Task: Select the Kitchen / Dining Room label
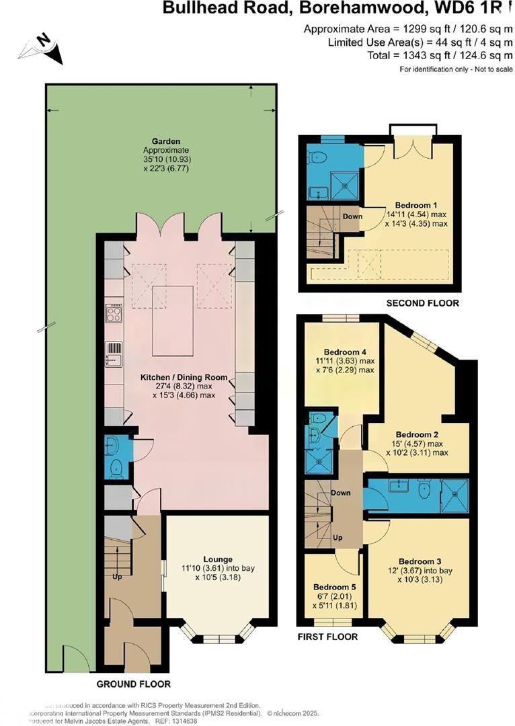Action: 184,377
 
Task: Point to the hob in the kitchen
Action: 114,313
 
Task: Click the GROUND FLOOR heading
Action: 133,684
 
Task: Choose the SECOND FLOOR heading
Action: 422,303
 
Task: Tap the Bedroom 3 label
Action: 420,561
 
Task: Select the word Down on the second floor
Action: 352,216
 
